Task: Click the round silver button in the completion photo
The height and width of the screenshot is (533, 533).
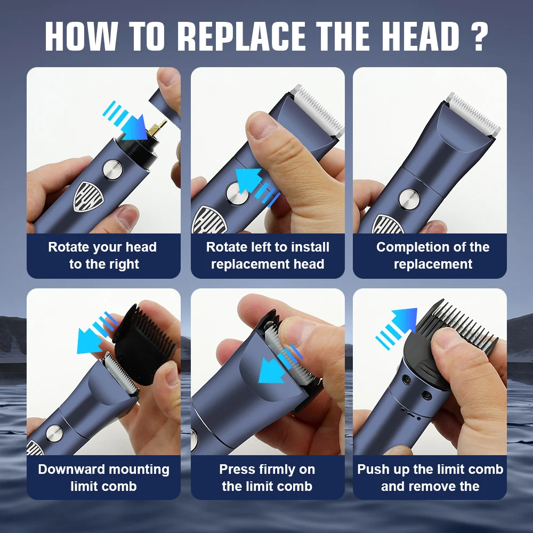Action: click(x=409, y=200)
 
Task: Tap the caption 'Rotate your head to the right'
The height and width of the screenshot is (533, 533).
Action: click(x=103, y=255)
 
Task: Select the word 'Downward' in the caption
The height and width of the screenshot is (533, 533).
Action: click(x=70, y=470)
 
